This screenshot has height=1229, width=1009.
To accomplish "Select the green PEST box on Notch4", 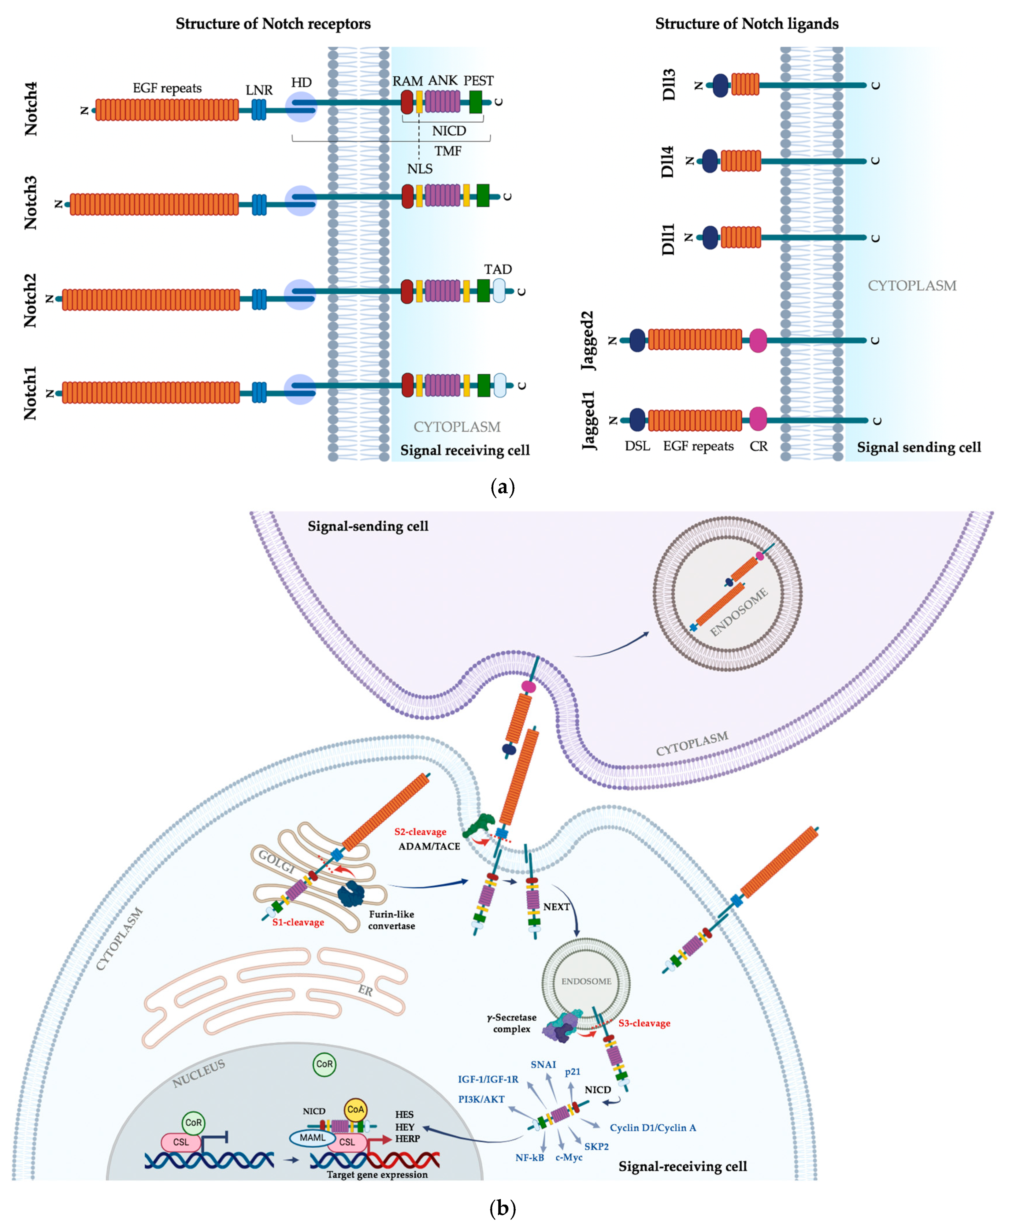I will (x=475, y=102).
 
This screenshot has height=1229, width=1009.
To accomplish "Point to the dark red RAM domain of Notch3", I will (x=407, y=196).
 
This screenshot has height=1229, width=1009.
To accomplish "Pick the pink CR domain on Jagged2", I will (x=758, y=340).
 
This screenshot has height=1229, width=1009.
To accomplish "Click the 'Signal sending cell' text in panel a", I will (x=918, y=447).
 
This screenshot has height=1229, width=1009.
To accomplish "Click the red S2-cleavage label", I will (x=420, y=832).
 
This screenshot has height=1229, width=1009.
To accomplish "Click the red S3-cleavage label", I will (x=644, y=1023).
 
